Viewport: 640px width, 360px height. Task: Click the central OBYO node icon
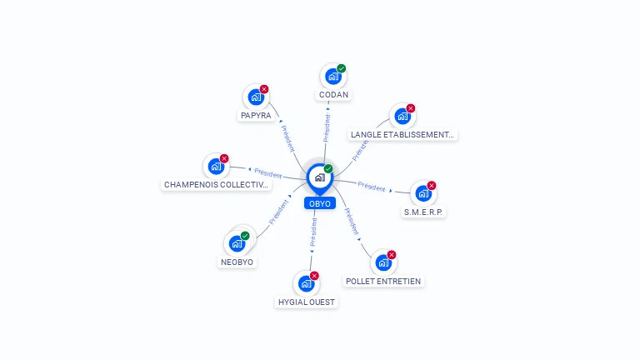point(320,177)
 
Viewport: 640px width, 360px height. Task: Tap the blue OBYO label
point(320,203)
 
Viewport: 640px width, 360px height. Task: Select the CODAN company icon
point(333,77)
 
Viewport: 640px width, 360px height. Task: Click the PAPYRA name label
point(256,116)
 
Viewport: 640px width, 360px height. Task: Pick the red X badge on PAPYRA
point(264,89)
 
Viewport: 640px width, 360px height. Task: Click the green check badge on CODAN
point(341,68)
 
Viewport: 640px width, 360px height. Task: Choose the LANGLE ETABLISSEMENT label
point(402,135)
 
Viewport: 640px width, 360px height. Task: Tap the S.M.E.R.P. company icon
point(423,193)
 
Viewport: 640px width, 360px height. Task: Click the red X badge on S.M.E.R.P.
point(432,186)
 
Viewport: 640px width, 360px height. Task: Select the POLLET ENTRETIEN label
point(383,281)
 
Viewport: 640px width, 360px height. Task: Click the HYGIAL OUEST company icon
point(306,283)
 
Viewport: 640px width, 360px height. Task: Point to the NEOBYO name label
point(237,262)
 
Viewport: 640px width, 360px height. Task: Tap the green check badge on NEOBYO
point(245,236)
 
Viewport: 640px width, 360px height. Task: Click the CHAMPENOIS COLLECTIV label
point(216,184)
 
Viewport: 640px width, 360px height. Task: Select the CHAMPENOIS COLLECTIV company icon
point(216,167)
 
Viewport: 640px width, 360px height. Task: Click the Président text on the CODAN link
point(327,127)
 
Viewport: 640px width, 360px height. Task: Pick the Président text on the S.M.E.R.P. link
point(372,187)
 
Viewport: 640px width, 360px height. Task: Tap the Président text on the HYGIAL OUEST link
point(313,232)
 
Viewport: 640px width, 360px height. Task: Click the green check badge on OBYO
point(328,168)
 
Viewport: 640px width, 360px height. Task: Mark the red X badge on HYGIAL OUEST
point(314,276)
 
